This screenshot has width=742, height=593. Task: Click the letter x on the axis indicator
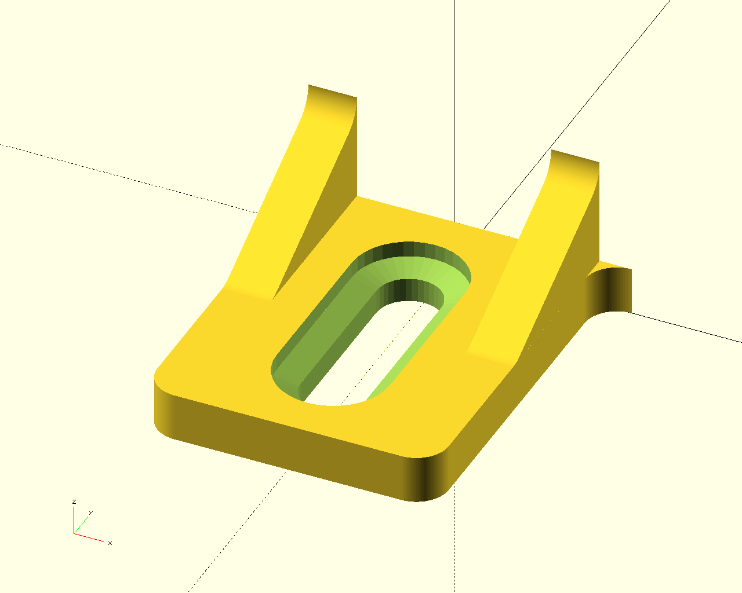coord(110,543)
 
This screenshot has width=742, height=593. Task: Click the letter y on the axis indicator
coord(91,513)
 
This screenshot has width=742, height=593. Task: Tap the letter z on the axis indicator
coord(74,502)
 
